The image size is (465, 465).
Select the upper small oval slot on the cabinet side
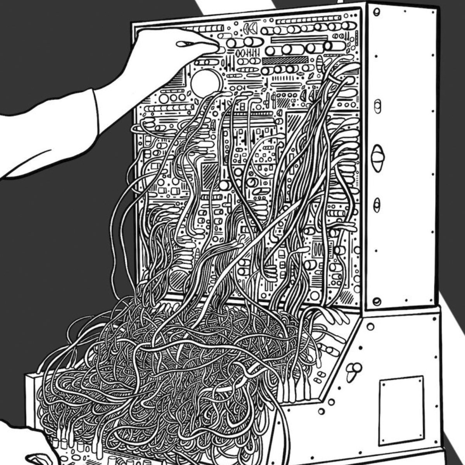(377, 106)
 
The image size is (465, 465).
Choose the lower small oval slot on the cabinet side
(377, 204)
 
